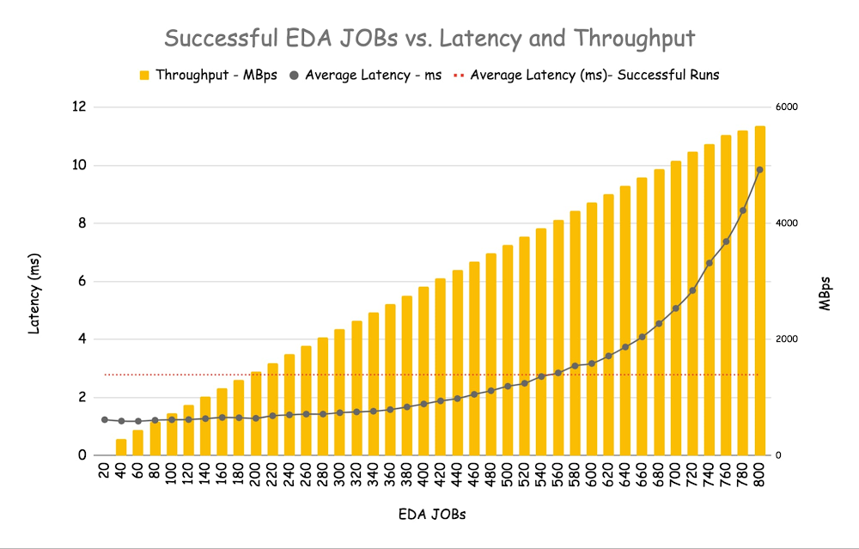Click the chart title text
429,39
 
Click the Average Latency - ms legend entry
366,75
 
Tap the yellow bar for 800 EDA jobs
760,292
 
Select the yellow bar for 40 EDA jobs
121,447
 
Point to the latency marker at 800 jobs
760,169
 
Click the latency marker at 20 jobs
105,419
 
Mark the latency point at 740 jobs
710,263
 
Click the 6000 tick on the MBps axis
788,107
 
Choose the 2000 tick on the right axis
788,339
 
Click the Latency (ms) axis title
35,292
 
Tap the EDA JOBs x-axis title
432,515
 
